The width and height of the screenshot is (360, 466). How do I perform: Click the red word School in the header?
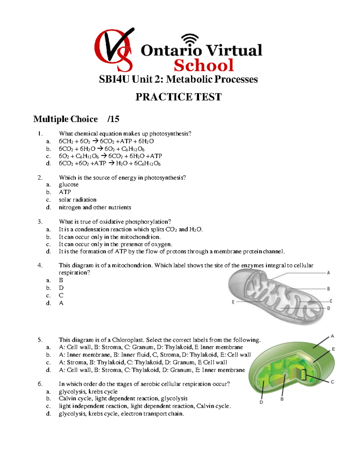coord(204,65)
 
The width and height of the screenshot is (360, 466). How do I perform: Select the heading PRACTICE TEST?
coord(178,97)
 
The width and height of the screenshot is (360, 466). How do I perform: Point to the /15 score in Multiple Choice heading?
coord(113,119)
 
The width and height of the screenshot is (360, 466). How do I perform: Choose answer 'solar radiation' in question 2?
coord(77,200)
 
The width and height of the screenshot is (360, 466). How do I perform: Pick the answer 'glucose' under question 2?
coord(69,185)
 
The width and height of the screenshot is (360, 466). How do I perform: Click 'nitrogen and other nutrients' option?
coord(95,207)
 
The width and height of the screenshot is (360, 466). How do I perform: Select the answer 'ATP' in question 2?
coord(65,192)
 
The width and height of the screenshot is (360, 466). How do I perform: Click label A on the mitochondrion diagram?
coord(328,273)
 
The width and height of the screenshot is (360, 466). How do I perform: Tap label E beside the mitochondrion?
coord(233,302)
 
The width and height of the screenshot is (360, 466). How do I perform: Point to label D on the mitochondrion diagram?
coord(328,308)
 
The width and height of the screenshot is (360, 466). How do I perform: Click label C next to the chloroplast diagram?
coord(332,382)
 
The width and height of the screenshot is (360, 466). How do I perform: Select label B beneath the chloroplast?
coord(282,399)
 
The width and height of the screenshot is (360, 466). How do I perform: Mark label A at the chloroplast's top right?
coord(332,336)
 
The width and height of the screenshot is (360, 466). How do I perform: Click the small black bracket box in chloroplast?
coord(304,375)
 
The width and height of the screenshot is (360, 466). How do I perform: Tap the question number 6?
coord(40,384)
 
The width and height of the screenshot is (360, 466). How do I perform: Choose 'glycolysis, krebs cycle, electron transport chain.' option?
coord(121,414)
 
